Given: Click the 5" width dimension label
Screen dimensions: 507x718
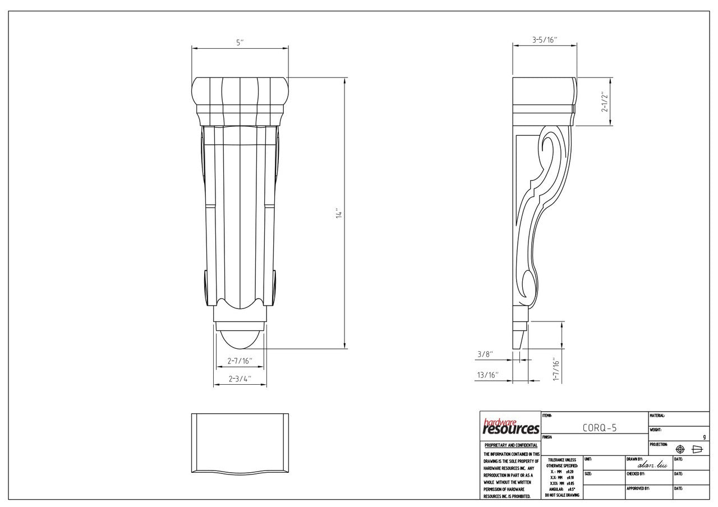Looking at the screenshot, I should click(x=240, y=43).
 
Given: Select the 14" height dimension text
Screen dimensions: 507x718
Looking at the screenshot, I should click(x=339, y=214).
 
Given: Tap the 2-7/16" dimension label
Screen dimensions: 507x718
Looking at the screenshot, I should click(x=240, y=361).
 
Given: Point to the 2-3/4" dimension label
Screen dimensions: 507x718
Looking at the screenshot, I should click(x=240, y=379).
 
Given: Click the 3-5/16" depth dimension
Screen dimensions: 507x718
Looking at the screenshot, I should click(x=544, y=40).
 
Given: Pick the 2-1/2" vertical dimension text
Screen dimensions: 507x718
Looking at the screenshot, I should click(x=605, y=102).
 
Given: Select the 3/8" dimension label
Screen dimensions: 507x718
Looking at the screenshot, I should click(x=485, y=354).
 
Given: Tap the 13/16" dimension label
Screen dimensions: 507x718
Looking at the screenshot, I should click(x=487, y=374).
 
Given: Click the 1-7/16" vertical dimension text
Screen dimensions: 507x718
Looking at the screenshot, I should click(x=556, y=370).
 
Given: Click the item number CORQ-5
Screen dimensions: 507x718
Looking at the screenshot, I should click(x=599, y=428).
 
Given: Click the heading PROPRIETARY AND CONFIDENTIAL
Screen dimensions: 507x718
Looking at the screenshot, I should click(x=510, y=445).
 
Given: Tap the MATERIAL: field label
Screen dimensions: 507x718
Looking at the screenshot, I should click(x=657, y=416).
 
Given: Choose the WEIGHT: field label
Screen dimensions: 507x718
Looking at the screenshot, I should click(x=656, y=430).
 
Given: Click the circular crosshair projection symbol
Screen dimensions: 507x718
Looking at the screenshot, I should click(x=680, y=449).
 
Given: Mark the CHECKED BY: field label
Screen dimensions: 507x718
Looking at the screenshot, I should click(x=636, y=474).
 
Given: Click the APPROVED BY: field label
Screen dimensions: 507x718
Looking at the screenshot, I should click(x=638, y=488).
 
